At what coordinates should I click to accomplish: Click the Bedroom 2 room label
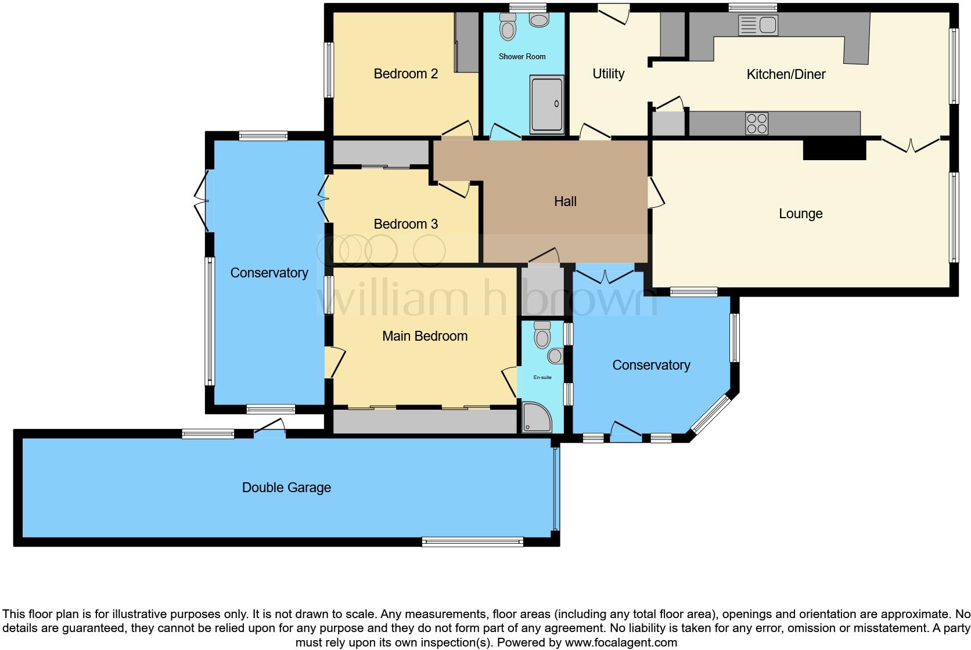(x=405, y=74)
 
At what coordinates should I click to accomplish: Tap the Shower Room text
(x=522, y=56)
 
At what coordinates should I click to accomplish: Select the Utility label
(x=608, y=74)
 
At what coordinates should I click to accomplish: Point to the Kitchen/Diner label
(x=786, y=74)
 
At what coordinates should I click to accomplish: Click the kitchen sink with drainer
(x=758, y=26)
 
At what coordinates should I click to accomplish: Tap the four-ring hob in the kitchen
(x=757, y=124)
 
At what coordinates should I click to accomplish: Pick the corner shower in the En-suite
(x=535, y=418)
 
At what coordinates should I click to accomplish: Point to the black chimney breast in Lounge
(x=835, y=150)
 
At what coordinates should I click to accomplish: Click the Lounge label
(x=800, y=214)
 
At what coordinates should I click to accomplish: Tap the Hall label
(x=565, y=201)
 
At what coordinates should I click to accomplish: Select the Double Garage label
(x=286, y=488)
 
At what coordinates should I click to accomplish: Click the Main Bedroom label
(x=425, y=336)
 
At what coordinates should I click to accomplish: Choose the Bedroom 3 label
(x=405, y=224)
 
